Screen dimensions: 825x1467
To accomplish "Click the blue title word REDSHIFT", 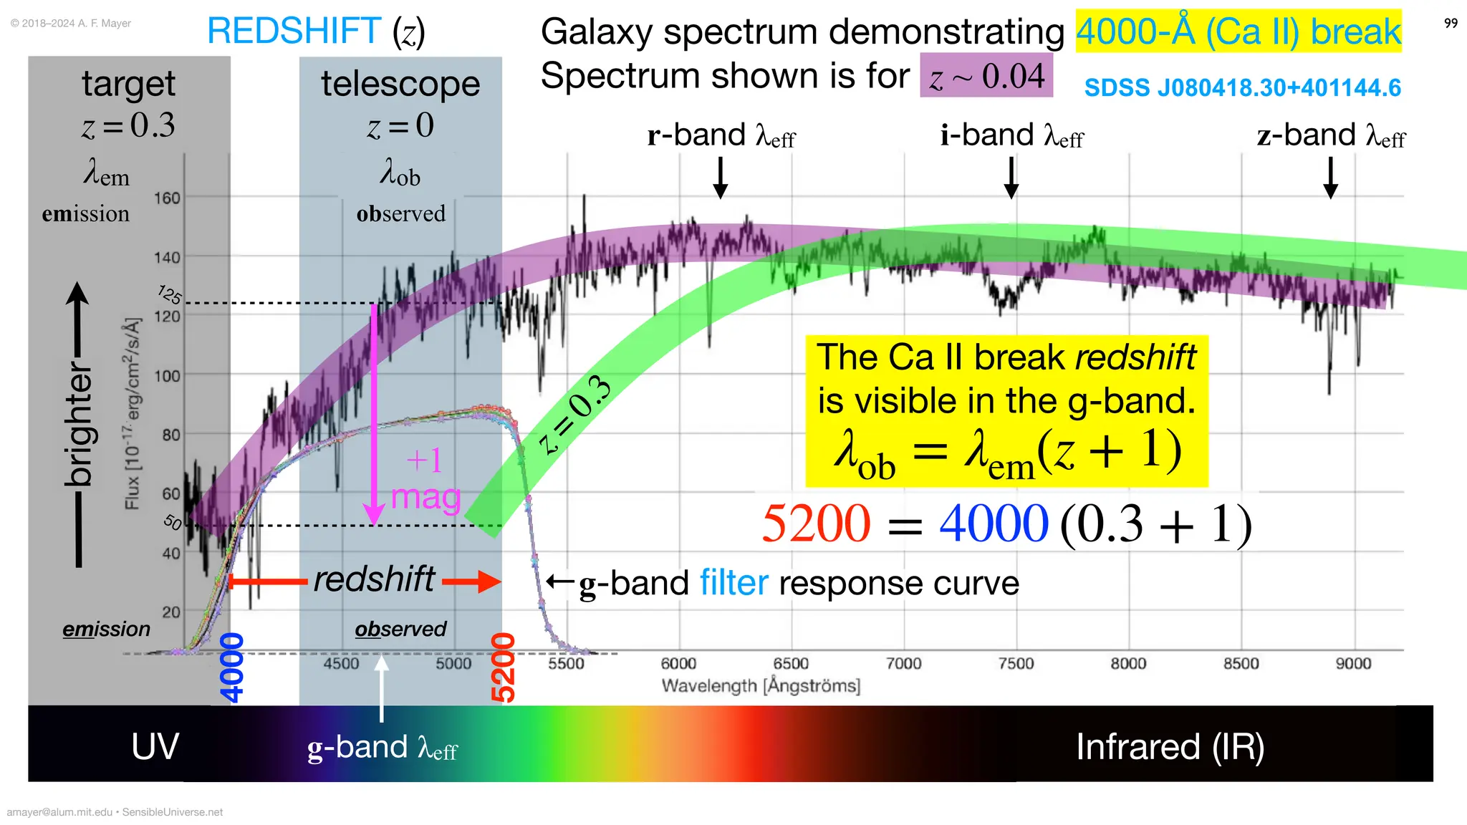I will (294, 32).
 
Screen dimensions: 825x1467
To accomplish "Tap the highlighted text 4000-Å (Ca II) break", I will (1238, 32).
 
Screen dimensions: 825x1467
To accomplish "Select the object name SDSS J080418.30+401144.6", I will (1242, 88).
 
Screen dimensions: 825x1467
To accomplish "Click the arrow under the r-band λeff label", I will (721, 178).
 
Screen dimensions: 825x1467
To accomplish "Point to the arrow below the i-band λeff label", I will (1011, 178).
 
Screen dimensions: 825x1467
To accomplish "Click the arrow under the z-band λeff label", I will (1330, 178).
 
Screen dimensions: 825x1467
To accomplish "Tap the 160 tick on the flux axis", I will (167, 198).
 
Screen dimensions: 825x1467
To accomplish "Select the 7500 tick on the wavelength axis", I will (1016, 664).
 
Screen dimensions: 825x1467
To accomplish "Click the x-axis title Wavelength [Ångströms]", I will (761, 686).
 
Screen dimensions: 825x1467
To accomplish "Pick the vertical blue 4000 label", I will (232, 667).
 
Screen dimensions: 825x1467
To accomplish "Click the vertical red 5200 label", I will (503, 667).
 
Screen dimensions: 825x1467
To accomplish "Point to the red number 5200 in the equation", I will (816, 524).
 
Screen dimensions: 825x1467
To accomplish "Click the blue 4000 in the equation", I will (994, 524).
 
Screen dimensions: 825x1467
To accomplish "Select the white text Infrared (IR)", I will (1170, 747).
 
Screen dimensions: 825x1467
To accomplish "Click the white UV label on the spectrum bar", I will (155, 747).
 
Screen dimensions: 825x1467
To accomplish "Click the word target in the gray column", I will (128, 84).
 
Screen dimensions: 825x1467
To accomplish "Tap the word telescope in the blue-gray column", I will (400, 84).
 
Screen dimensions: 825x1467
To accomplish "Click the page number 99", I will (1451, 24).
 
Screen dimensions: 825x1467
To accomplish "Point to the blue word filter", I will (733, 583).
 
